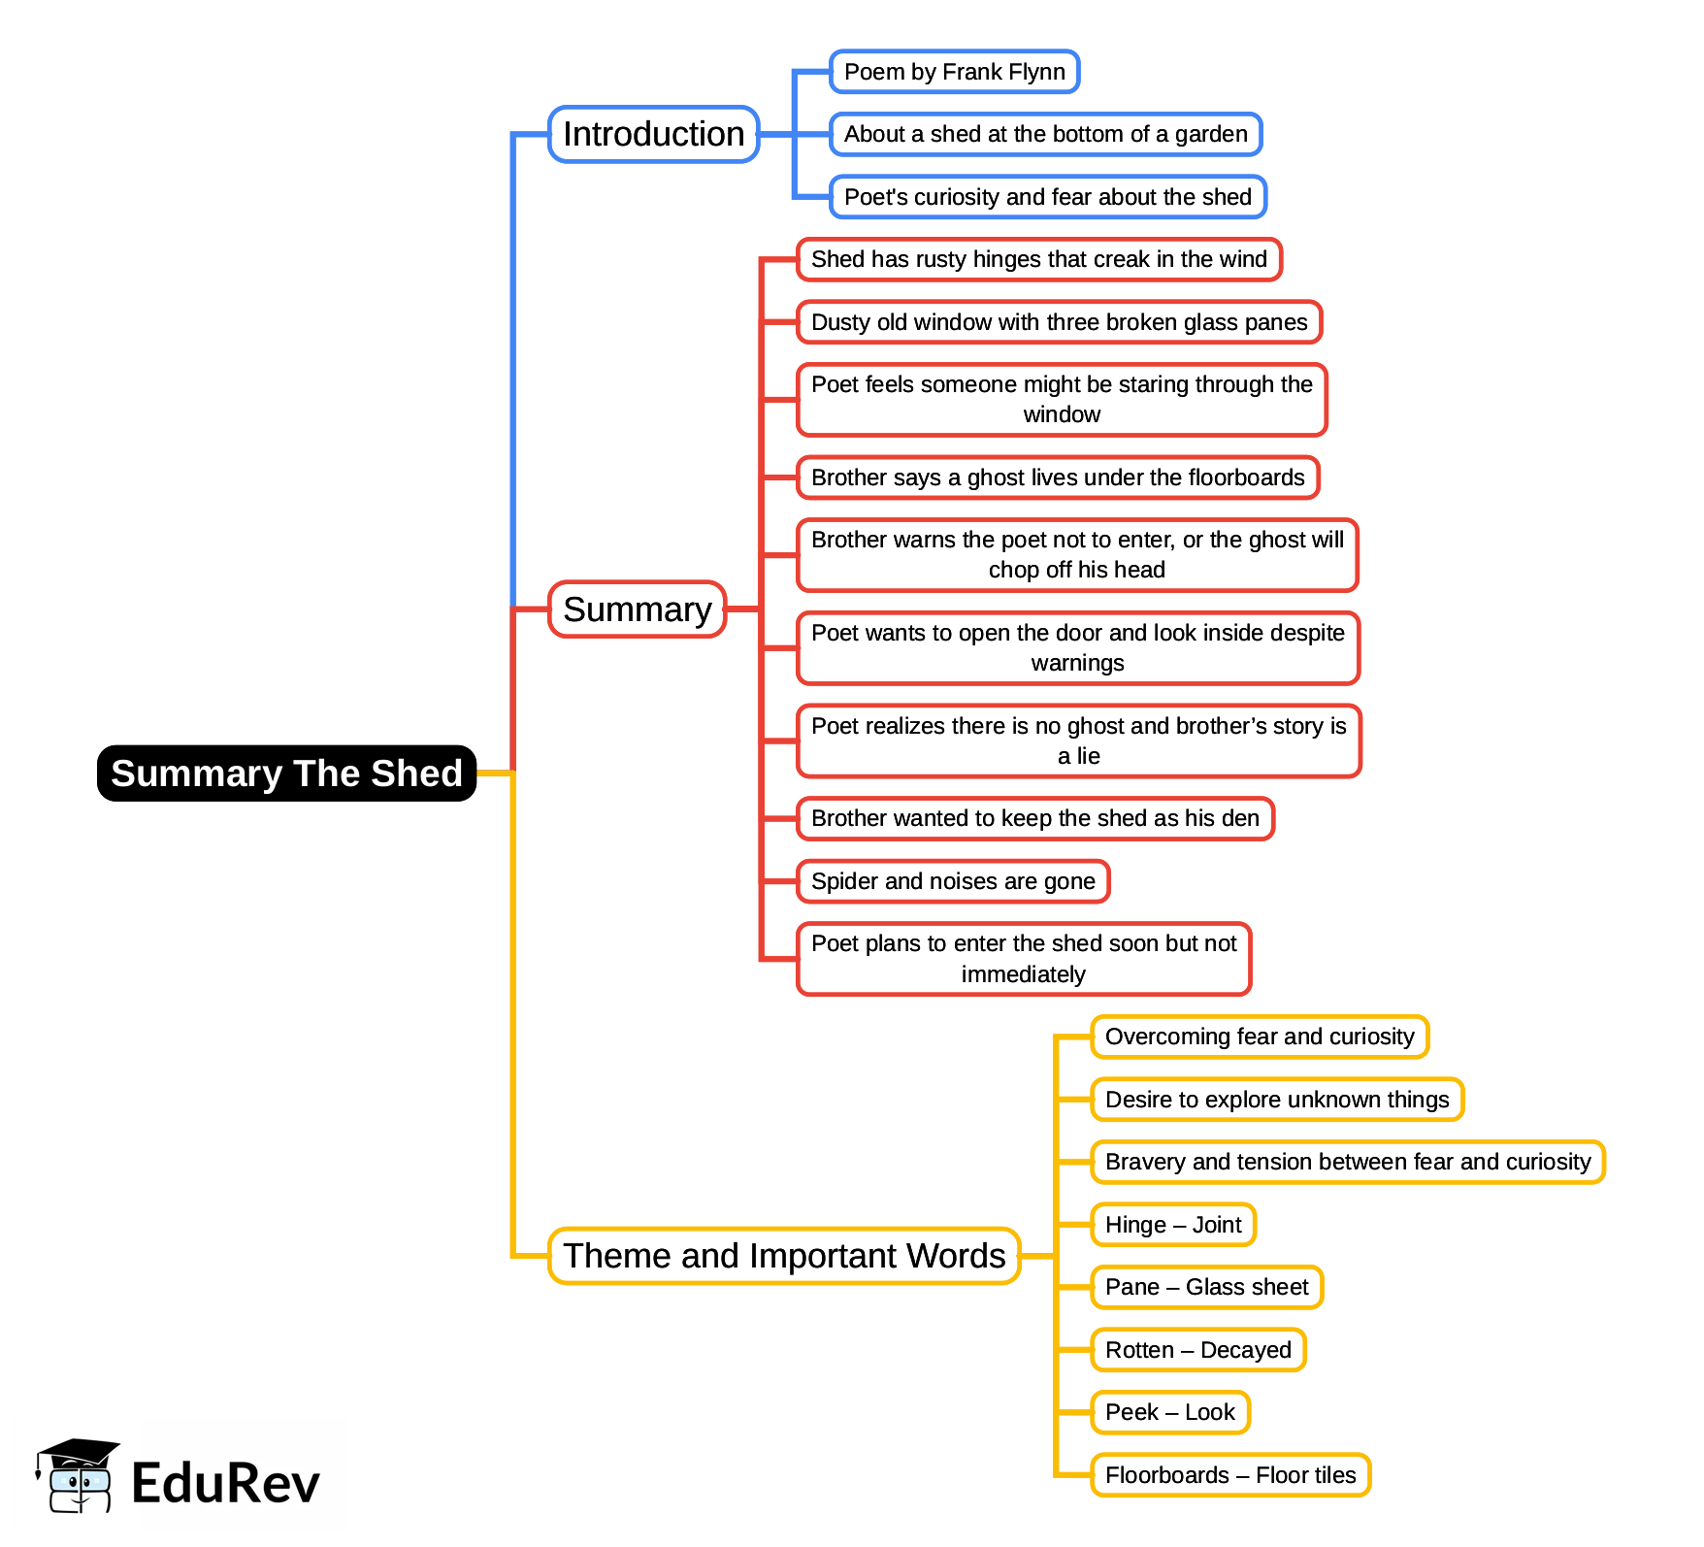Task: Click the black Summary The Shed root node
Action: coord(286,773)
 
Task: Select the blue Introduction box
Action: coord(653,134)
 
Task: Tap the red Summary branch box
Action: coord(637,609)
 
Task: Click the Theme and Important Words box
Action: coord(784,1256)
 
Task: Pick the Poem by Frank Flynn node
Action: coord(954,72)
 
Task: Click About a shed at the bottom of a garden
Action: coord(1045,134)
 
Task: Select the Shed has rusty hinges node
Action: coord(1038,259)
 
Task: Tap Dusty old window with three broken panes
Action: coord(1059,322)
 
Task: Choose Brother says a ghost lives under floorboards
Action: coord(1058,477)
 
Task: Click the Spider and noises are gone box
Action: coord(953,881)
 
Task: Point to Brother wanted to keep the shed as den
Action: coord(1034,818)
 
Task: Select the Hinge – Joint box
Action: coord(1172,1225)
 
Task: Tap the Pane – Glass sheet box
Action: coord(1206,1287)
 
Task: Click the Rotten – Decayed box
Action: coord(1197,1350)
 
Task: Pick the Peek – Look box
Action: coord(1169,1412)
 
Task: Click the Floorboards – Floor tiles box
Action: coord(1229,1475)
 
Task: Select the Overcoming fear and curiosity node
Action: coord(1259,1037)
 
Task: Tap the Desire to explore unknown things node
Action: coord(1276,1100)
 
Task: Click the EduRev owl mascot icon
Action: coord(78,1476)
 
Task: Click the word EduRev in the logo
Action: coord(225,1483)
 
